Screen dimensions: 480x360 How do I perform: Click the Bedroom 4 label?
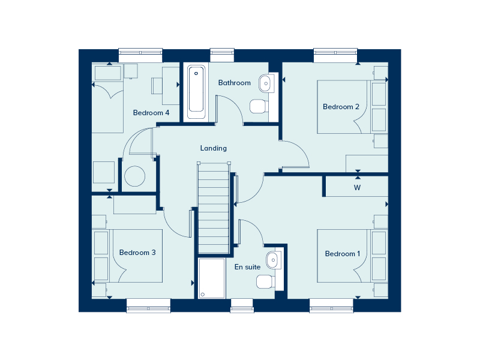click(x=151, y=113)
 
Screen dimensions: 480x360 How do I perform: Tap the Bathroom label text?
click(x=235, y=83)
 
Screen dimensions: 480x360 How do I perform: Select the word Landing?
click(x=214, y=148)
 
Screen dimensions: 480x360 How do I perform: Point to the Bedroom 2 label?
click(x=341, y=107)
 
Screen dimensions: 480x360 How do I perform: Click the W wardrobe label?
click(x=357, y=188)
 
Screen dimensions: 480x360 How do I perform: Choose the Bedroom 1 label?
click(x=343, y=254)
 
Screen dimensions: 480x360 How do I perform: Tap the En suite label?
click(x=247, y=267)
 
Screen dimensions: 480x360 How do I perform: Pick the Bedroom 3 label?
click(x=137, y=253)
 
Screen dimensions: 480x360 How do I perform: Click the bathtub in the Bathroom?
click(x=196, y=92)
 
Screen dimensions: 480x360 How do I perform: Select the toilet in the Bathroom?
click(x=259, y=106)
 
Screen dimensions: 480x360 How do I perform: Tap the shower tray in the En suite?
click(x=212, y=278)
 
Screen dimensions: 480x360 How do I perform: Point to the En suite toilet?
click(x=265, y=281)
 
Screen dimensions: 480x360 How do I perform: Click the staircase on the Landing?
click(x=214, y=208)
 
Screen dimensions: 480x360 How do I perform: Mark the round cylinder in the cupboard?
click(x=134, y=176)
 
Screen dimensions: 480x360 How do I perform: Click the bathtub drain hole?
click(x=196, y=73)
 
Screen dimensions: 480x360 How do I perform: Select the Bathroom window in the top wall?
click(x=222, y=55)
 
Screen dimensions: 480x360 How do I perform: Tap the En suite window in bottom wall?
click(x=242, y=306)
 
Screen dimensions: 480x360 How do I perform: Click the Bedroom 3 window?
click(x=148, y=306)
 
